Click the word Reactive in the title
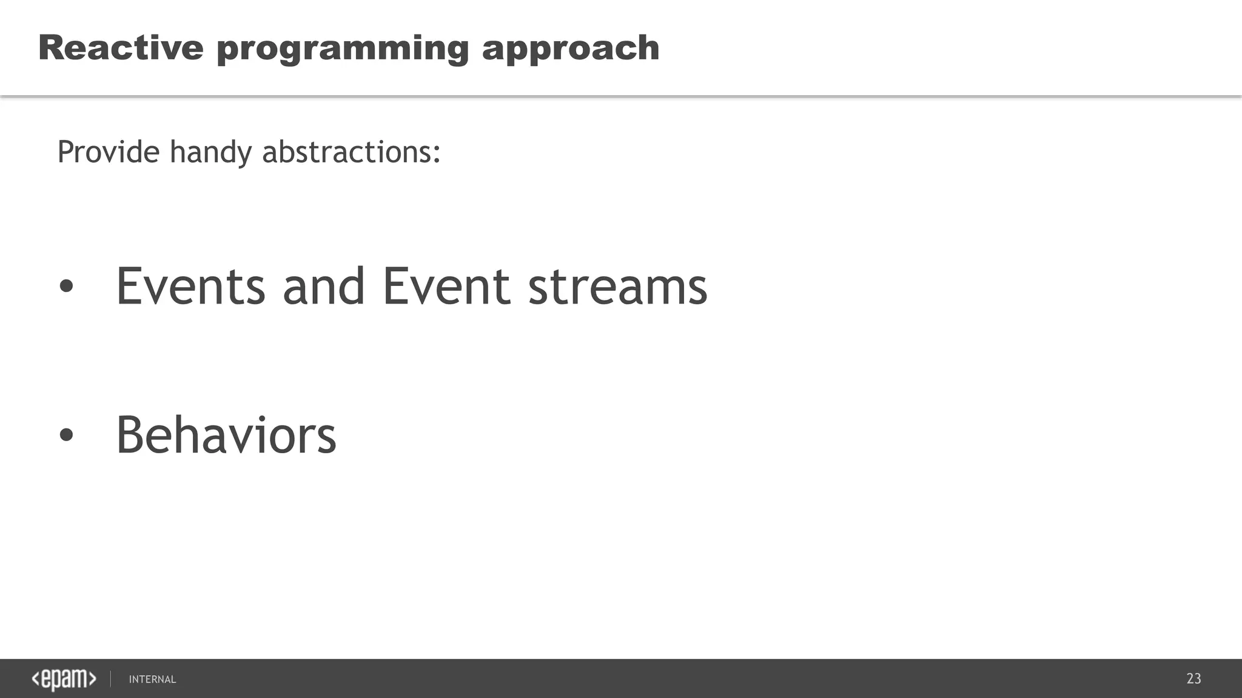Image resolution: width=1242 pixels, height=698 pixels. click(x=121, y=48)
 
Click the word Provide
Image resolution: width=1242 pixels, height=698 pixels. click(x=109, y=151)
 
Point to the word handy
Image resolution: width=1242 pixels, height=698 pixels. click(x=210, y=153)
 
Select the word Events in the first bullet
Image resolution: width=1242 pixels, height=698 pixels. click(x=190, y=287)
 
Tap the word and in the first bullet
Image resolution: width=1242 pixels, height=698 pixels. click(x=323, y=287)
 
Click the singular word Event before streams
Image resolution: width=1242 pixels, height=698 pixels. click(x=446, y=287)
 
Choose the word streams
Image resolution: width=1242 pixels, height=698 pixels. click(x=617, y=287)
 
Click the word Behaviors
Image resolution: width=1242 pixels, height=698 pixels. click(x=226, y=435)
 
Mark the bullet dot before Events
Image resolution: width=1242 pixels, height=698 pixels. click(x=66, y=287)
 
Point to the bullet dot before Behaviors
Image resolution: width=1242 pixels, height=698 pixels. click(x=66, y=435)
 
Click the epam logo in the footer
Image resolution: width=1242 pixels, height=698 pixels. click(x=64, y=679)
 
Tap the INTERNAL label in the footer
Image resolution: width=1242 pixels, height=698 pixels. click(x=152, y=679)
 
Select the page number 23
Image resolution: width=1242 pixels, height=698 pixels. click(x=1193, y=679)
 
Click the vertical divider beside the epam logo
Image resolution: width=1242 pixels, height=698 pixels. click(x=110, y=679)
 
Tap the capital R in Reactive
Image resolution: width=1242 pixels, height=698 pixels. click(x=51, y=48)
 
